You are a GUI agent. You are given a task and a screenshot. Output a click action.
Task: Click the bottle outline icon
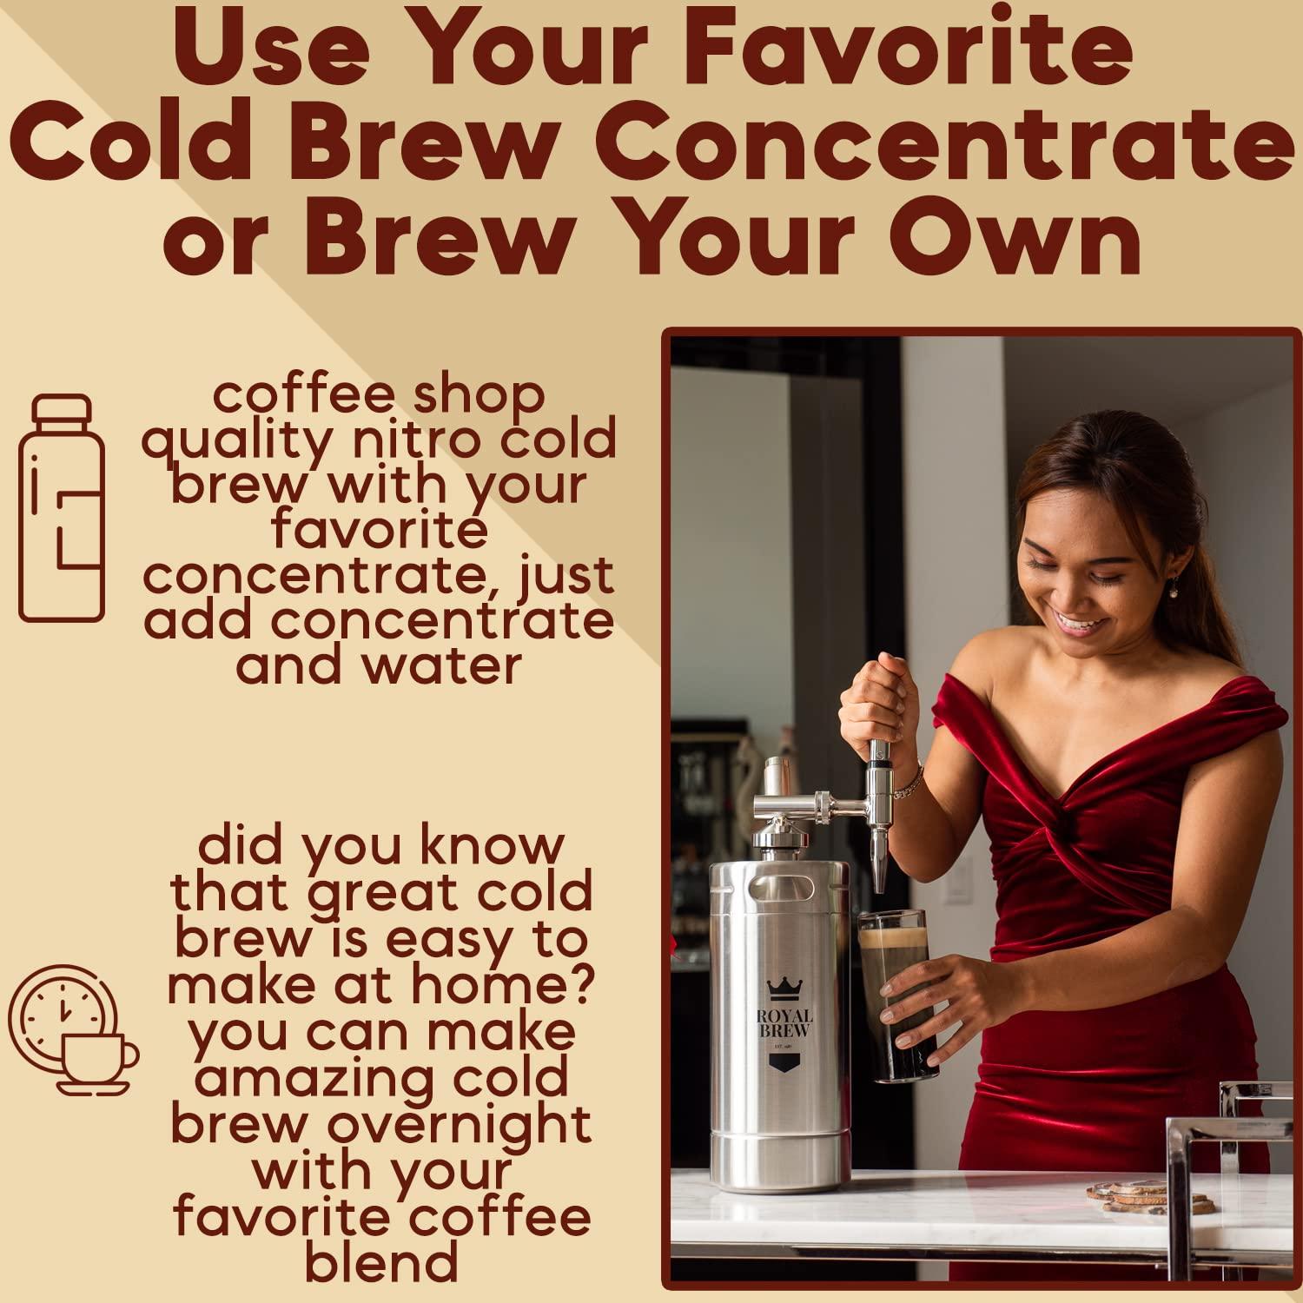(62, 508)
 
